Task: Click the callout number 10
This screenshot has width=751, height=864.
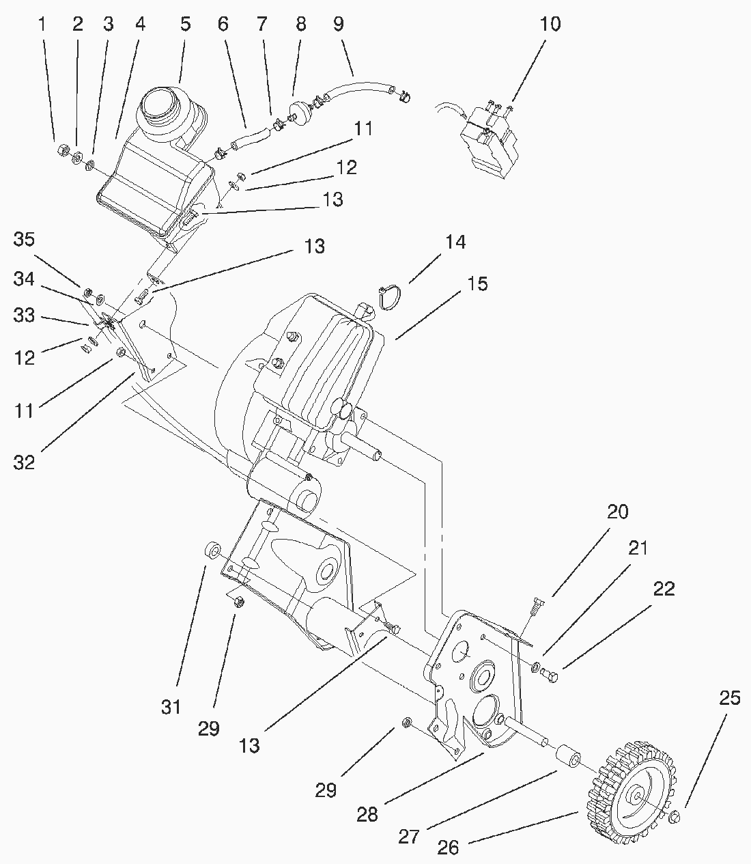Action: click(x=550, y=25)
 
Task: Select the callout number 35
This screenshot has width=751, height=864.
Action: click(x=24, y=240)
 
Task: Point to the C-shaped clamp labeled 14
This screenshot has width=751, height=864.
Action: click(x=389, y=297)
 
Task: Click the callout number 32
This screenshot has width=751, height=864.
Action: click(x=24, y=463)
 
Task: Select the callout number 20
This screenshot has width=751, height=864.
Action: click(x=618, y=512)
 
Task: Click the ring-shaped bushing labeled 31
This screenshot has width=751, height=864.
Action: click(x=212, y=551)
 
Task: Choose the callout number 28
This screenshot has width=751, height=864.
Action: click(x=367, y=815)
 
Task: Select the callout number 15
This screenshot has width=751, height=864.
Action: click(x=477, y=283)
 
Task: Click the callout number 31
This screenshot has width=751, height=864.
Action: click(x=171, y=707)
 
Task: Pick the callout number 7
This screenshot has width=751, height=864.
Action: click(x=261, y=25)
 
